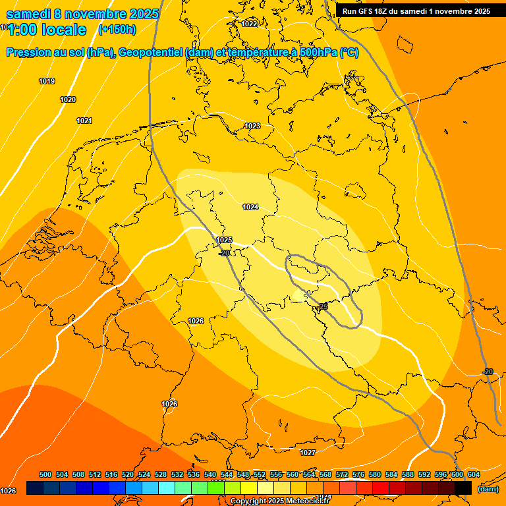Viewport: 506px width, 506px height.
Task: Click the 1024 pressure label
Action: pyautogui.click(x=250, y=207)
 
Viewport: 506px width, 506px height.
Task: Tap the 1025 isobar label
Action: pyautogui.click(x=224, y=240)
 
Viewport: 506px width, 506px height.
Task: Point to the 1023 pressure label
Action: pyautogui.click(x=252, y=126)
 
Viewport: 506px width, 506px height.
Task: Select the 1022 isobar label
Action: pyautogui.click(x=249, y=24)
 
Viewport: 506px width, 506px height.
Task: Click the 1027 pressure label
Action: pyautogui.click(x=308, y=453)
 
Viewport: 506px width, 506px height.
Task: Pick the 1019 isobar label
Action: pyautogui.click(x=47, y=81)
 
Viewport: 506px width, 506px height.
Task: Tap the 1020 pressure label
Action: pyautogui.click(x=68, y=99)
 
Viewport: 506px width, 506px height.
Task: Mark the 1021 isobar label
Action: pyautogui.click(x=84, y=121)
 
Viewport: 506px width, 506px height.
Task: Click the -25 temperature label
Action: pyautogui.click(x=322, y=306)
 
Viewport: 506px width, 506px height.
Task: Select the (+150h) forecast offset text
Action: pyautogui.click(x=117, y=29)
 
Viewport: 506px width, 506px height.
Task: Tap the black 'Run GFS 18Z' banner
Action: pyautogui.click(x=416, y=11)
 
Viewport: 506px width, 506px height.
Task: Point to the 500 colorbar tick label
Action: pyautogui.click(x=45, y=474)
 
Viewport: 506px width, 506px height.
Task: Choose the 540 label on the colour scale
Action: pyautogui.click(x=210, y=474)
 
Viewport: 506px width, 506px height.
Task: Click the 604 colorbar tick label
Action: pyautogui.click(x=474, y=474)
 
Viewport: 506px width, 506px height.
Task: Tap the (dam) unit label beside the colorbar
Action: pyautogui.click(x=488, y=488)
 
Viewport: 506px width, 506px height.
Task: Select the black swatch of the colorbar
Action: pyautogui.click(x=463, y=488)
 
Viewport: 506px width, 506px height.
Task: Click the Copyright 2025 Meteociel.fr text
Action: pyautogui.click(x=279, y=501)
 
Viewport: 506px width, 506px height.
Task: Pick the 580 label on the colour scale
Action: pyautogui.click(x=375, y=474)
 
